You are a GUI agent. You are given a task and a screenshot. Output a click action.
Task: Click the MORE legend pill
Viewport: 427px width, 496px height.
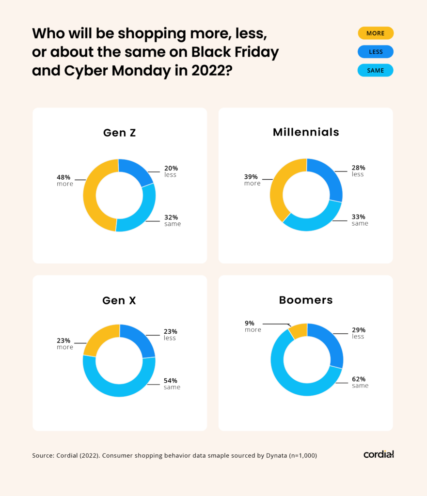(375, 33)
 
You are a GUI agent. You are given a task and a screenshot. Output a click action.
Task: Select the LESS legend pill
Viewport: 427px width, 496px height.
(375, 52)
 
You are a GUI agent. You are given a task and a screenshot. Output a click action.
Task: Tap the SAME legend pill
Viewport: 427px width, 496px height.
(375, 70)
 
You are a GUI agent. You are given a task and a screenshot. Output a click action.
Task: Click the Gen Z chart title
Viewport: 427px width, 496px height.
(119, 133)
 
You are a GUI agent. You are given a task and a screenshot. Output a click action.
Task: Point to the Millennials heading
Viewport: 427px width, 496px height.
(306, 132)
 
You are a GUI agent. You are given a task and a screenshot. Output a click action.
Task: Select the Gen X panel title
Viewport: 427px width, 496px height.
(119, 300)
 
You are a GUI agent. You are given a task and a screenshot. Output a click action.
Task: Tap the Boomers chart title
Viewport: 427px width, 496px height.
(306, 300)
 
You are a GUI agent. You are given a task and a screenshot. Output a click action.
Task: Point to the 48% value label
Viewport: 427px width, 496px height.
(64, 177)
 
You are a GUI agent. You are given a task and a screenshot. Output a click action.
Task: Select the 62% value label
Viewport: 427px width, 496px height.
(359, 379)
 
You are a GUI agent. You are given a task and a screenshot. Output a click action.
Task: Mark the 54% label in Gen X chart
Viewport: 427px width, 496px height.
(171, 380)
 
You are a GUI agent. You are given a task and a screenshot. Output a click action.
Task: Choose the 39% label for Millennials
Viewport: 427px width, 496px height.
(251, 177)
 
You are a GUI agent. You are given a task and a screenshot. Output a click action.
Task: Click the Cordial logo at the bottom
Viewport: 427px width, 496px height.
(379, 454)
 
